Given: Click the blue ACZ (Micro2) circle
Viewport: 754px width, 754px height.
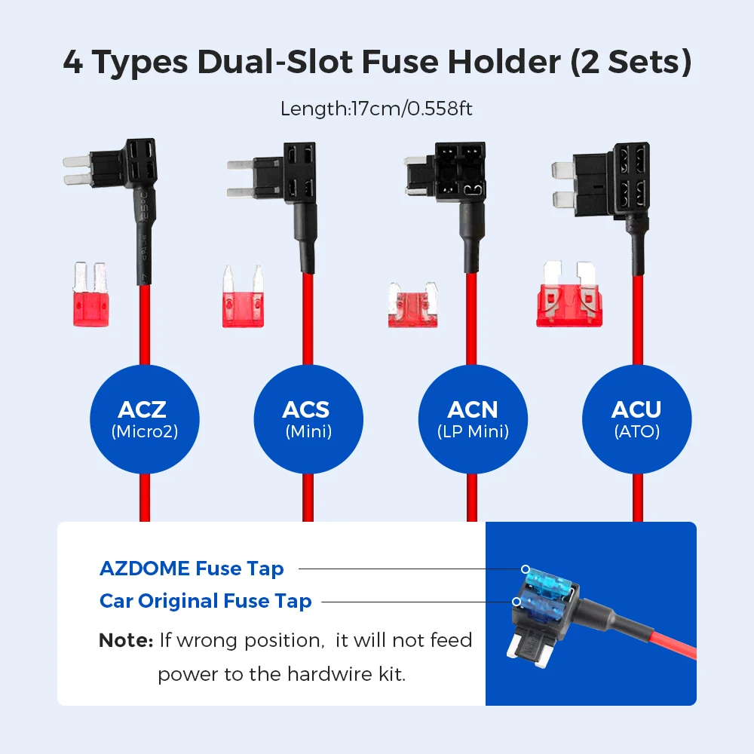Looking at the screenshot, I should pos(144,419).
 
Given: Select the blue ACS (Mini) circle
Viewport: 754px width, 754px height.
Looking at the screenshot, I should pos(307,419).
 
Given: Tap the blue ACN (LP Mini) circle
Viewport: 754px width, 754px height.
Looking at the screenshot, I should pos(472,419).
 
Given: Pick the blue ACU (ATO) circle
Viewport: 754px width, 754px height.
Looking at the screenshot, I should pos(636,419).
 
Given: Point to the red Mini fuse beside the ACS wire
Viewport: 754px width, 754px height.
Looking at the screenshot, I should pos(243,297).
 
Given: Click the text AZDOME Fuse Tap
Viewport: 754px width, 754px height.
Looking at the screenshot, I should pos(192,569).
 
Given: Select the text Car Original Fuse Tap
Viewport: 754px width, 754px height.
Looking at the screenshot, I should pos(205,601).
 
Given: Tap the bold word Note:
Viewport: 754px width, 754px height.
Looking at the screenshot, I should pos(126,641).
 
